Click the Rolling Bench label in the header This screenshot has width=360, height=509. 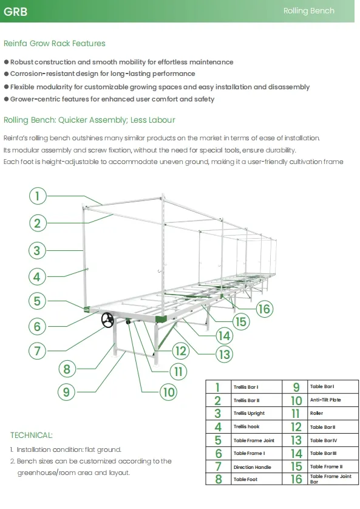pos(308,11)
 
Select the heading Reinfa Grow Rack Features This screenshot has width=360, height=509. pos(55,44)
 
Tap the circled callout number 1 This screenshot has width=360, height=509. pos(38,196)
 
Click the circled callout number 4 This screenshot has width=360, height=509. pos(38,277)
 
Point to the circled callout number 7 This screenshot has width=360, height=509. pos(38,350)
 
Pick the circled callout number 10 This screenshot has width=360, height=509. pos(168,392)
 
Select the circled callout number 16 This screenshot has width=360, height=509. pos(263,309)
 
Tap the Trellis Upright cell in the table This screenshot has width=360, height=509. pos(249,414)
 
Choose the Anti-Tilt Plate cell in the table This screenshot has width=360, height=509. pos(325,400)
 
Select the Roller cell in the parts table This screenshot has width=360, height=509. pos(317,414)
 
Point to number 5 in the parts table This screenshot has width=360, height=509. pos(218,440)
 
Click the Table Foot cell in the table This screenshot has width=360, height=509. pos(246,480)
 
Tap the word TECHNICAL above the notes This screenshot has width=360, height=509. pos(32,435)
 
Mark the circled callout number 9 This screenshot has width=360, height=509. pos(67,392)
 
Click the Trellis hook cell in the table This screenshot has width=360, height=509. pos(246,427)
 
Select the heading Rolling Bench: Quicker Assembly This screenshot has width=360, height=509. pos(89,120)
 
